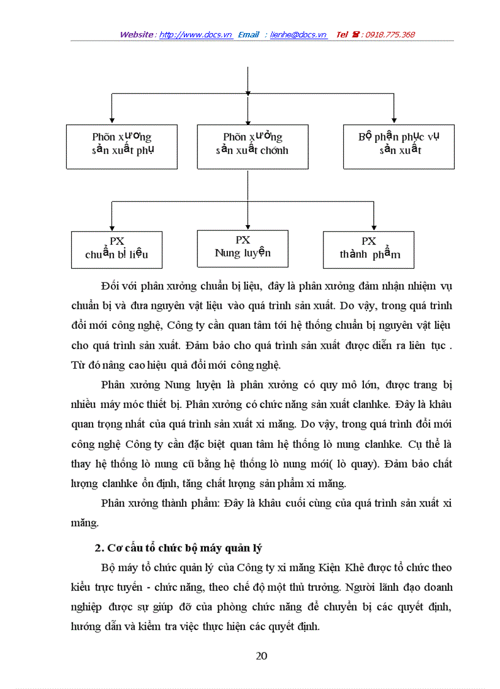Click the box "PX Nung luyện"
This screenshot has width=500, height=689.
pos(243,248)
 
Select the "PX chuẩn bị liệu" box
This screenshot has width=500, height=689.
pos(116,249)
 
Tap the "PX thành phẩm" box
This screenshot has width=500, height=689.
pos(368,249)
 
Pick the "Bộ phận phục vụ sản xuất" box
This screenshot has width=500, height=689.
pos(399,147)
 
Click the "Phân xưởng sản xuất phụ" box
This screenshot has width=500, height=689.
pos(122,147)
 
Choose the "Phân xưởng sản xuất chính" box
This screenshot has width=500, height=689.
pos(252,147)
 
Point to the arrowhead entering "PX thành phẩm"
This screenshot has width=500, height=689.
pos(374,227)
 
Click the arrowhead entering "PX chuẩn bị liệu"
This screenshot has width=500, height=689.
pos(111,226)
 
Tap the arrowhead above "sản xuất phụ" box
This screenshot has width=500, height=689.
pos(111,120)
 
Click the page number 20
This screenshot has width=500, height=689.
pos(262,656)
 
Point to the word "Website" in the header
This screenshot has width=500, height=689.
pos(137,35)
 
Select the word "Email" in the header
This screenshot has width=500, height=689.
pos(248,35)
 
